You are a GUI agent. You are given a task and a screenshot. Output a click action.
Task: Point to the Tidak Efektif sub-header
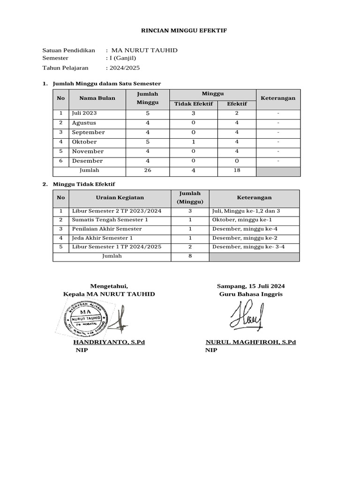[194, 104]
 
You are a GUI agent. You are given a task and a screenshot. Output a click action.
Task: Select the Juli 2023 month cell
[84, 113]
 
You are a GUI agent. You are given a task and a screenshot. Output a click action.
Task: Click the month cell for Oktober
[84, 142]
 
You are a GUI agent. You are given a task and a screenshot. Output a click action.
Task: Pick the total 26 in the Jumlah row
[148, 170]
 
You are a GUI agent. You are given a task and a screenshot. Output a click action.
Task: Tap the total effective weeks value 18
[237, 170]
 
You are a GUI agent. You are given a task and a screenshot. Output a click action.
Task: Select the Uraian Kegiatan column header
[120, 198]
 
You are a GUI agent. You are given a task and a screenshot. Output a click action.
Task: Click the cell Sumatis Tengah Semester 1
[110, 220]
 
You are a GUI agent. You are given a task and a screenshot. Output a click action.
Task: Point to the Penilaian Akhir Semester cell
[106, 229]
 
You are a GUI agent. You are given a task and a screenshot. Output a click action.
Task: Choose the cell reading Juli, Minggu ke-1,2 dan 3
[246, 211]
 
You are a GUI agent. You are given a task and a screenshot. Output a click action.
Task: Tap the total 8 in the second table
[190, 256]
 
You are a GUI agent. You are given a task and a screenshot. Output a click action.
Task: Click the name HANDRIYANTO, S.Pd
[109, 342]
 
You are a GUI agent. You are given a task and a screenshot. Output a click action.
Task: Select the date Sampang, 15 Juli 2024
[250, 286]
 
